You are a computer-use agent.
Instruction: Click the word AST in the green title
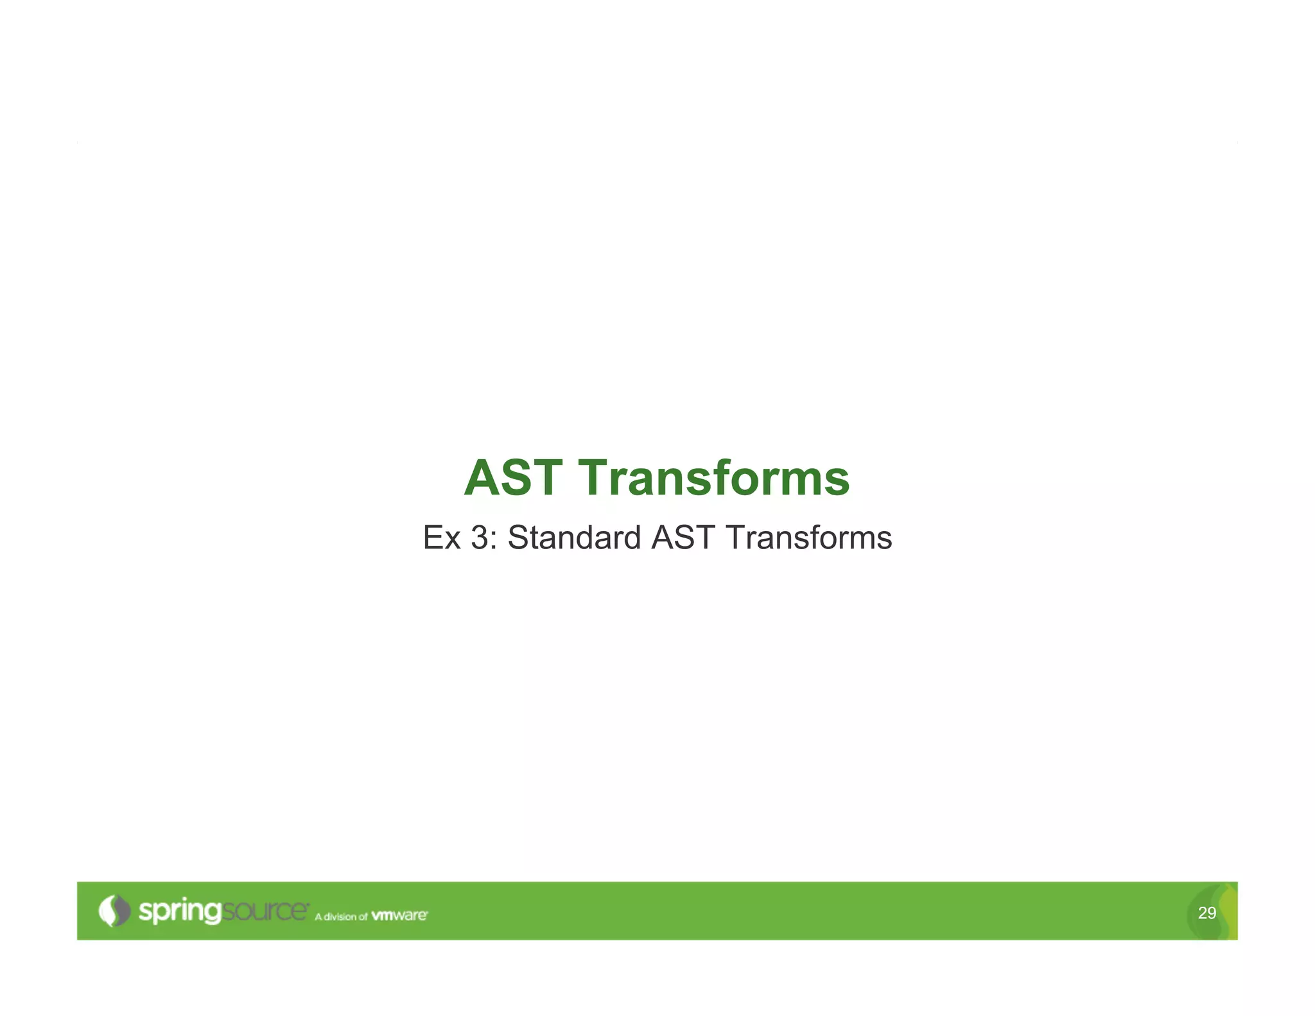point(513,478)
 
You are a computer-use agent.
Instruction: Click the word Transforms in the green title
point(714,478)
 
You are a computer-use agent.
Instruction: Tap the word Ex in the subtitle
point(442,538)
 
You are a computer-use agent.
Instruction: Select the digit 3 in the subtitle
point(480,538)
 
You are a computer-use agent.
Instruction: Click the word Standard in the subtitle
point(574,538)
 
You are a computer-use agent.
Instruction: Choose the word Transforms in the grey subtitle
point(809,538)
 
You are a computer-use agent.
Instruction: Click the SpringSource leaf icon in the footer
point(114,910)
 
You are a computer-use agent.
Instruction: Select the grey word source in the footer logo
point(265,911)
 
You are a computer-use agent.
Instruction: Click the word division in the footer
point(340,916)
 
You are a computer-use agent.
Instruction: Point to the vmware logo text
point(399,915)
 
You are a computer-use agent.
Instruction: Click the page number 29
point(1206,913)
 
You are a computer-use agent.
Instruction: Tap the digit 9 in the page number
point(1211,913)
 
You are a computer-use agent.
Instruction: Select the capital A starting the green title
point(482,478)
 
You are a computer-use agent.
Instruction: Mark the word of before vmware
point(363,916)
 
